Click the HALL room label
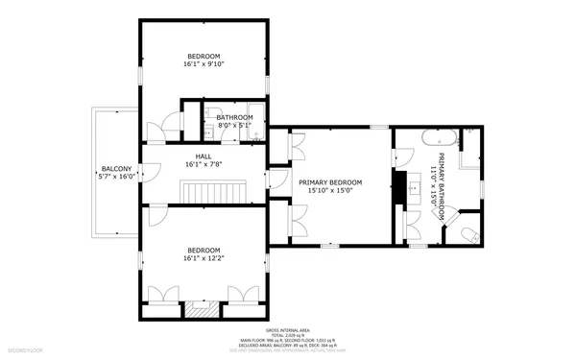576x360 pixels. point(204,156)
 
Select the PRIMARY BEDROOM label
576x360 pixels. point(330,181)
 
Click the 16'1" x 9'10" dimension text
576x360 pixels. point(203,65)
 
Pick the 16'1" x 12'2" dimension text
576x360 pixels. point(203,258)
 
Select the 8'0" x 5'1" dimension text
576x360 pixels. point(233,125)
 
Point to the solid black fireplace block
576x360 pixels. point(396,187)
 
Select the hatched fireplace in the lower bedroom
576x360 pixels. point(203,309)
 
